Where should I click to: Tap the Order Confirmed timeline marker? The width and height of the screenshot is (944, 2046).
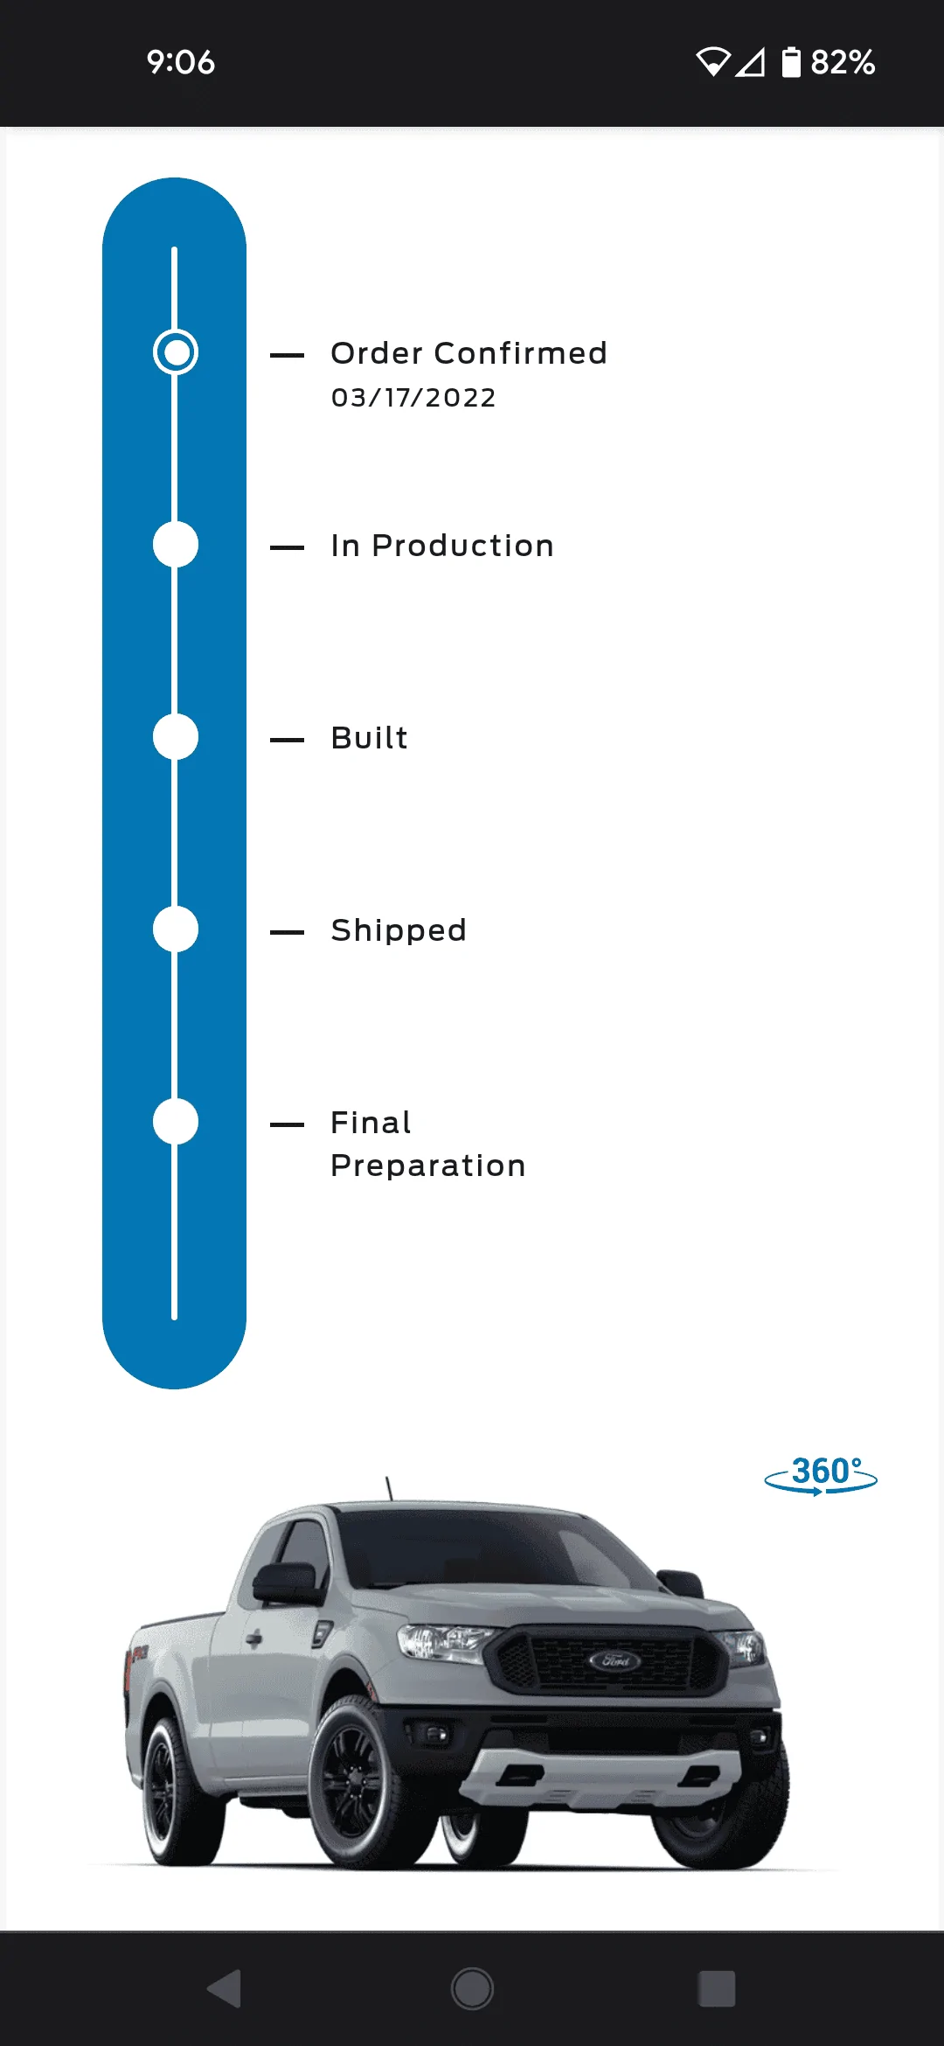(x=176, y=352)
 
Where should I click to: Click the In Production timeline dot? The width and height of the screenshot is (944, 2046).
(x=176, y=545)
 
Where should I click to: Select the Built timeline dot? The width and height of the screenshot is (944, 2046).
(x=176, y=737)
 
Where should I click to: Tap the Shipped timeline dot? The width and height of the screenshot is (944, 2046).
(x=176, y=929)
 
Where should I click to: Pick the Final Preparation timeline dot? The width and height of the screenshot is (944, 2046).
(x=176, y=1122)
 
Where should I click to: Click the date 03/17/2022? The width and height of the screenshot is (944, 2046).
(x=413, y=398)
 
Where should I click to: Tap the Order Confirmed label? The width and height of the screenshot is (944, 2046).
(x=469, y=353)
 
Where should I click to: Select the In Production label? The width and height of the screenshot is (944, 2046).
(x=442, y=546)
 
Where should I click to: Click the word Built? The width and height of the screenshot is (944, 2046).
(x=370, y=738)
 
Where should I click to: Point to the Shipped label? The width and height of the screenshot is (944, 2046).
(x=399, y=931)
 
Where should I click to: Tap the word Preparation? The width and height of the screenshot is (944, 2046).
(x=428, y=1166)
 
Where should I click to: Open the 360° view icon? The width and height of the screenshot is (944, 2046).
(x=821, y=1475)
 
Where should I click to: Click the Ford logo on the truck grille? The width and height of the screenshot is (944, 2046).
(x=614, y=1660)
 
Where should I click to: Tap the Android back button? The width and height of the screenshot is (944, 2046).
(x=226, y=1989)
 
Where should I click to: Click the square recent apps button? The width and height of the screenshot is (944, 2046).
(x=717, y=1989)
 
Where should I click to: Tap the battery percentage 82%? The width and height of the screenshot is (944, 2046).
(x=843, y=62)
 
